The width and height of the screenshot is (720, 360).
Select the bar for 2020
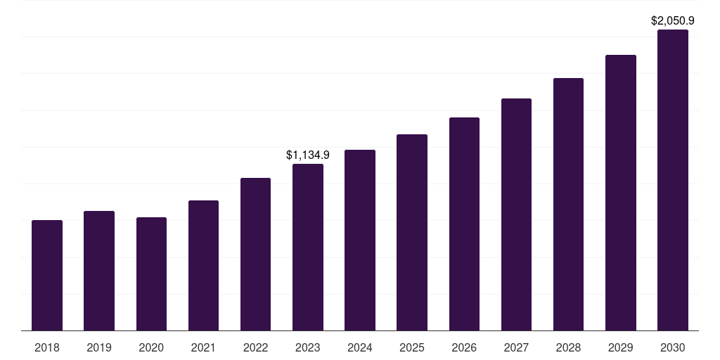pos(151,274)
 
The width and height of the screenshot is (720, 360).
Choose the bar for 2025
pos(412,233)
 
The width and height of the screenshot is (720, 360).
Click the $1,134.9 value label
pos(308,155)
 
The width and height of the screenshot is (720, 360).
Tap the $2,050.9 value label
pos(673,20)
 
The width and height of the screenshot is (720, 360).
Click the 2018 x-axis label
pos(47,347)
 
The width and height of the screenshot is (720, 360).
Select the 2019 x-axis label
pos(99,347)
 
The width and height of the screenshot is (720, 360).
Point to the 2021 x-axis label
pos(203,347)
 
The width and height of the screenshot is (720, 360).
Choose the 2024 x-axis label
pos(360,347)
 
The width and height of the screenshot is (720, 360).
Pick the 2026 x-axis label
pos(464,347)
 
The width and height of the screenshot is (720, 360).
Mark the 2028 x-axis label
pos(568,347)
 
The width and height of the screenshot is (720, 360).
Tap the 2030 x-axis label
pos(673,347)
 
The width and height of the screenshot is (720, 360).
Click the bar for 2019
pos(99,271)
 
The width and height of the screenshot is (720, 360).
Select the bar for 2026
pos(464,224)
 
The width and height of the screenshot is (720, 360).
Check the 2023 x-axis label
pos(308,347)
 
